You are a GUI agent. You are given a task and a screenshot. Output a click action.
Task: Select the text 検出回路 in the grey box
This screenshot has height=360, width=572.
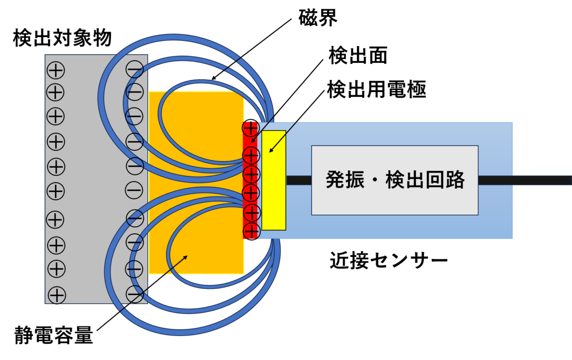[x=425, y=180]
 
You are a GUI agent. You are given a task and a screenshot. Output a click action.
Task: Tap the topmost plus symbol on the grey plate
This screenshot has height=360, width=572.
[x=56, y=71]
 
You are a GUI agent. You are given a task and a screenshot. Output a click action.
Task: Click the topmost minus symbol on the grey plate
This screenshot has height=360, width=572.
[x=134, y=70]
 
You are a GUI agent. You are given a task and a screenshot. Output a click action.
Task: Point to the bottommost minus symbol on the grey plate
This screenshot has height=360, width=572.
[x=134, y=294]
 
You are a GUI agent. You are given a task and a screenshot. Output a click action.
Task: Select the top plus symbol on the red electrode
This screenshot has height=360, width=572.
[x=251, y=128]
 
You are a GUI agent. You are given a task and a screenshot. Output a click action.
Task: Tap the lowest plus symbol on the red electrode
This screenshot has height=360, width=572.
[x=251, y=230]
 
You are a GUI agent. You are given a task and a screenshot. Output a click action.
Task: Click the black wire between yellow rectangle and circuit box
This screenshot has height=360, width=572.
[x=298, y=180]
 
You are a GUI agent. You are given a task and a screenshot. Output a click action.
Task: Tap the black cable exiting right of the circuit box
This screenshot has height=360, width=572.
[x=524, y=180]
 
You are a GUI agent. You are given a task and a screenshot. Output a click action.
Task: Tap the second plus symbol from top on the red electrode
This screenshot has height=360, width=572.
[x=251, y=155]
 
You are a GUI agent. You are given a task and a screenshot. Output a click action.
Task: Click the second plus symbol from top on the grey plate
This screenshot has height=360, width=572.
[x=56, y=92]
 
